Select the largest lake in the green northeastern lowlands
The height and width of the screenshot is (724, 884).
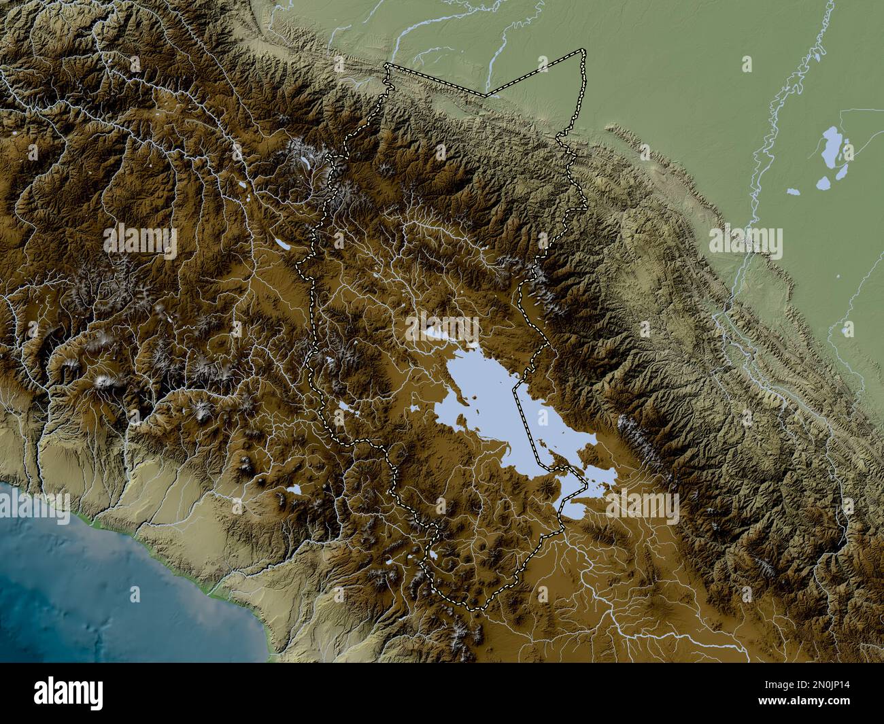click(830, 150)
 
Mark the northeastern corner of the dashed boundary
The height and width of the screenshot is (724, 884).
click(582, 51)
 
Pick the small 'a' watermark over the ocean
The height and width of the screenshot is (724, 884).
click(135, 594)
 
